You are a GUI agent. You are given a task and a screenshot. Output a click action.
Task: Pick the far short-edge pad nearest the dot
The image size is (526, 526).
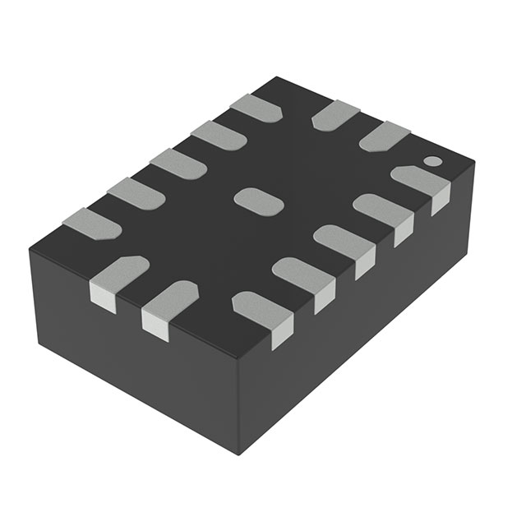[x=384, y=135]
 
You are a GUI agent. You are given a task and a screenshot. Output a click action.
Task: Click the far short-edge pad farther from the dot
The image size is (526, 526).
[x=335, y=113]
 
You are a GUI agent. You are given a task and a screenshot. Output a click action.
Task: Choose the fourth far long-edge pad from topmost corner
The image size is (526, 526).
[x=136, y=191]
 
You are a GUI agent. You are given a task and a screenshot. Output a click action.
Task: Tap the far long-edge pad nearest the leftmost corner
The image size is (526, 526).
[x=91, y=223]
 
